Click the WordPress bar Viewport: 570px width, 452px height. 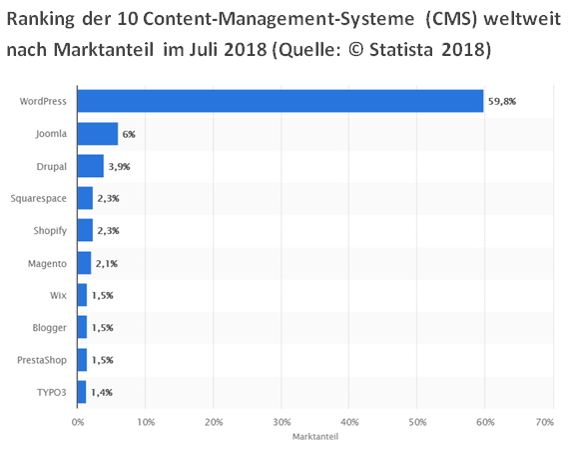point(281,101)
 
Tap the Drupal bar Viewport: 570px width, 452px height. point(91,165)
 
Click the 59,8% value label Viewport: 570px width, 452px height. point(502,101)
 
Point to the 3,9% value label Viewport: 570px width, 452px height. point(121,166)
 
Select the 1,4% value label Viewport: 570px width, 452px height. point(102,392)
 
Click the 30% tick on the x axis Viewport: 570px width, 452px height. point(282,422)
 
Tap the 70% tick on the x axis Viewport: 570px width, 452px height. point(545,422)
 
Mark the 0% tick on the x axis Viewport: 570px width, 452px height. point(78,422)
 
